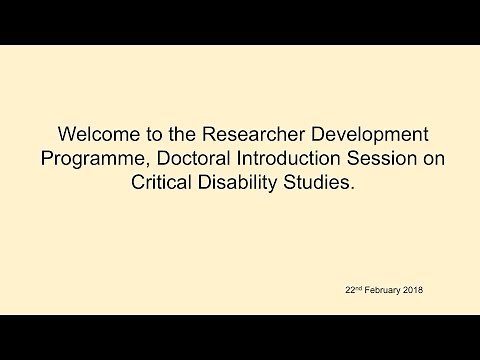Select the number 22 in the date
click(x=348, y=291)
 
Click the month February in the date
click(x=385, y=291)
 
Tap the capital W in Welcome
click(x=69, y=134)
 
